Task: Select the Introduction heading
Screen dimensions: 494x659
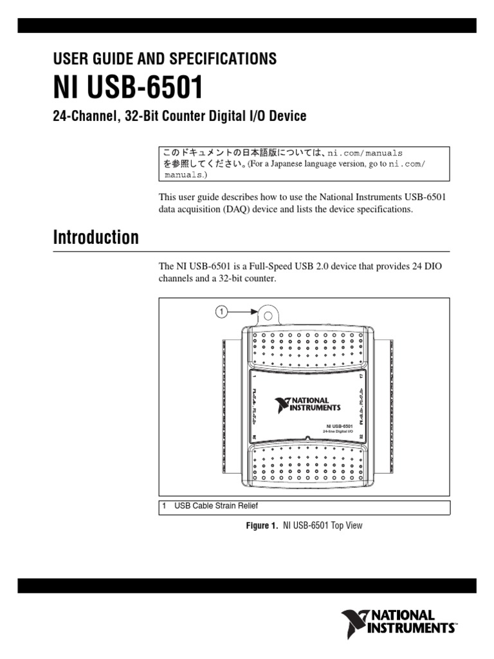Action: (95, 237)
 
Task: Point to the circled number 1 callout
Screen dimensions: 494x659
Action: (221, 311)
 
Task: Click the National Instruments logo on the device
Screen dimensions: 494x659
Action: (308, 405)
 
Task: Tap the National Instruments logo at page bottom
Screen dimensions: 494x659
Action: (398, 622)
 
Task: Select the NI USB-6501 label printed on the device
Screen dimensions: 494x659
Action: (339, 425)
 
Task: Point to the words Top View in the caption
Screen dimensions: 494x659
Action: (347, 526)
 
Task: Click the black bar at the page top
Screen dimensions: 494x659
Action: (247, 26)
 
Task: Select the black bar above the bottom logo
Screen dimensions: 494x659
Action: (247, 585)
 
